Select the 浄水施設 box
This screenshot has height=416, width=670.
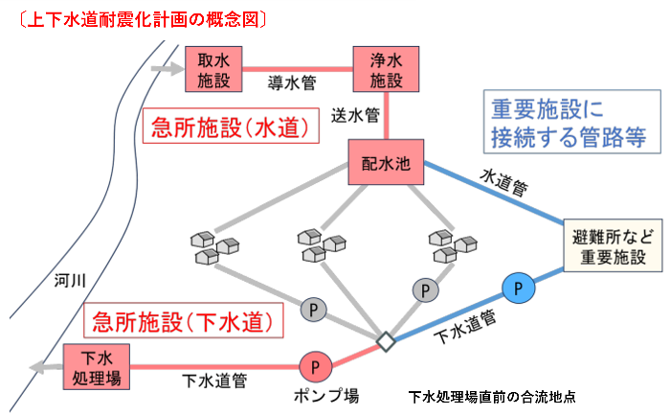click(x=385, y=70)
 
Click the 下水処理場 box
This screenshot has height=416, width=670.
click(x=97, y=366)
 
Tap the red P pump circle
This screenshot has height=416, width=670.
click(x=315, y=366)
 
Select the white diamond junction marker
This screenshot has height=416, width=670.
click(x=385, y=341)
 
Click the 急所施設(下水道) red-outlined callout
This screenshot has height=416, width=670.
click(x=183, y=320)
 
